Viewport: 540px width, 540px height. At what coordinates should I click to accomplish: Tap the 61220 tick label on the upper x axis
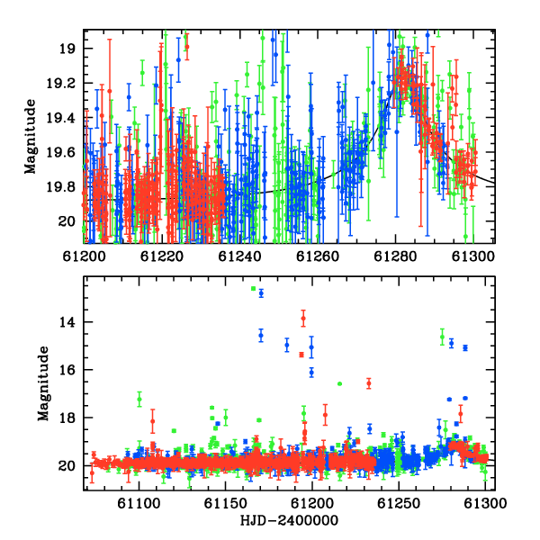(161, 256)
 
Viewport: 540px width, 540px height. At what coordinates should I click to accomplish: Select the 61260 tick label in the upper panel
(318, 256)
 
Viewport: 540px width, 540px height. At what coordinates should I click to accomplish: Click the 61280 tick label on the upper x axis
(395, 256)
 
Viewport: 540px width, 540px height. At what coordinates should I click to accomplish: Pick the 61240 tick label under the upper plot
(239, 256)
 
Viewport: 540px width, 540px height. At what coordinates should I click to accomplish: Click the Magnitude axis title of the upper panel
(31, 137)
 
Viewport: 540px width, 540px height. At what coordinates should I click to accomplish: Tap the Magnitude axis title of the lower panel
(43, 383)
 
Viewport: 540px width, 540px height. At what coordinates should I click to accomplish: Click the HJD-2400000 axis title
(289, 520)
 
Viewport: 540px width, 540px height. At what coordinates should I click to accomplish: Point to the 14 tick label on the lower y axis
(67, 322)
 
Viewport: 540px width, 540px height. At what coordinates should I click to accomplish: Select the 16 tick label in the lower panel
(67, 370)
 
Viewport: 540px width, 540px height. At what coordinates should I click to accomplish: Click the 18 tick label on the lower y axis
(67, 418)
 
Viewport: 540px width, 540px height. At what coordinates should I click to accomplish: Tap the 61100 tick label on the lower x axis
(139, 503)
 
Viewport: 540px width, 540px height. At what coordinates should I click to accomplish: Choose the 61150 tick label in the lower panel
(226, 503)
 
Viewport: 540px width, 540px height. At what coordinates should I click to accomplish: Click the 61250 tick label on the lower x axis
(399, 503)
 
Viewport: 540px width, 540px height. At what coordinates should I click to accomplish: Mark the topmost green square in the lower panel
(254, 289)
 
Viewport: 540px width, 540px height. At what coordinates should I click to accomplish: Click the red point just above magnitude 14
(303, 319)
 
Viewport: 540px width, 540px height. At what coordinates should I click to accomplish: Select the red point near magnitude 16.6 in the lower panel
(369, 383)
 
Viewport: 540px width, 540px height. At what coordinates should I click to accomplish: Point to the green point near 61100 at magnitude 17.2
(139, 399)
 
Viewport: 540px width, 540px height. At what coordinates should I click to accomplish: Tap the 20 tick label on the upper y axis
(67, 221)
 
